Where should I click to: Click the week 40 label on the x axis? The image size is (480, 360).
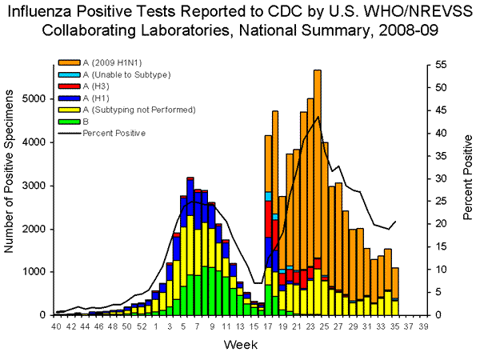pyautogui.click(x=56, y=326)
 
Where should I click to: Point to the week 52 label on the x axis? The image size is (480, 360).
pyautogui.click(x=142, y=326)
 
